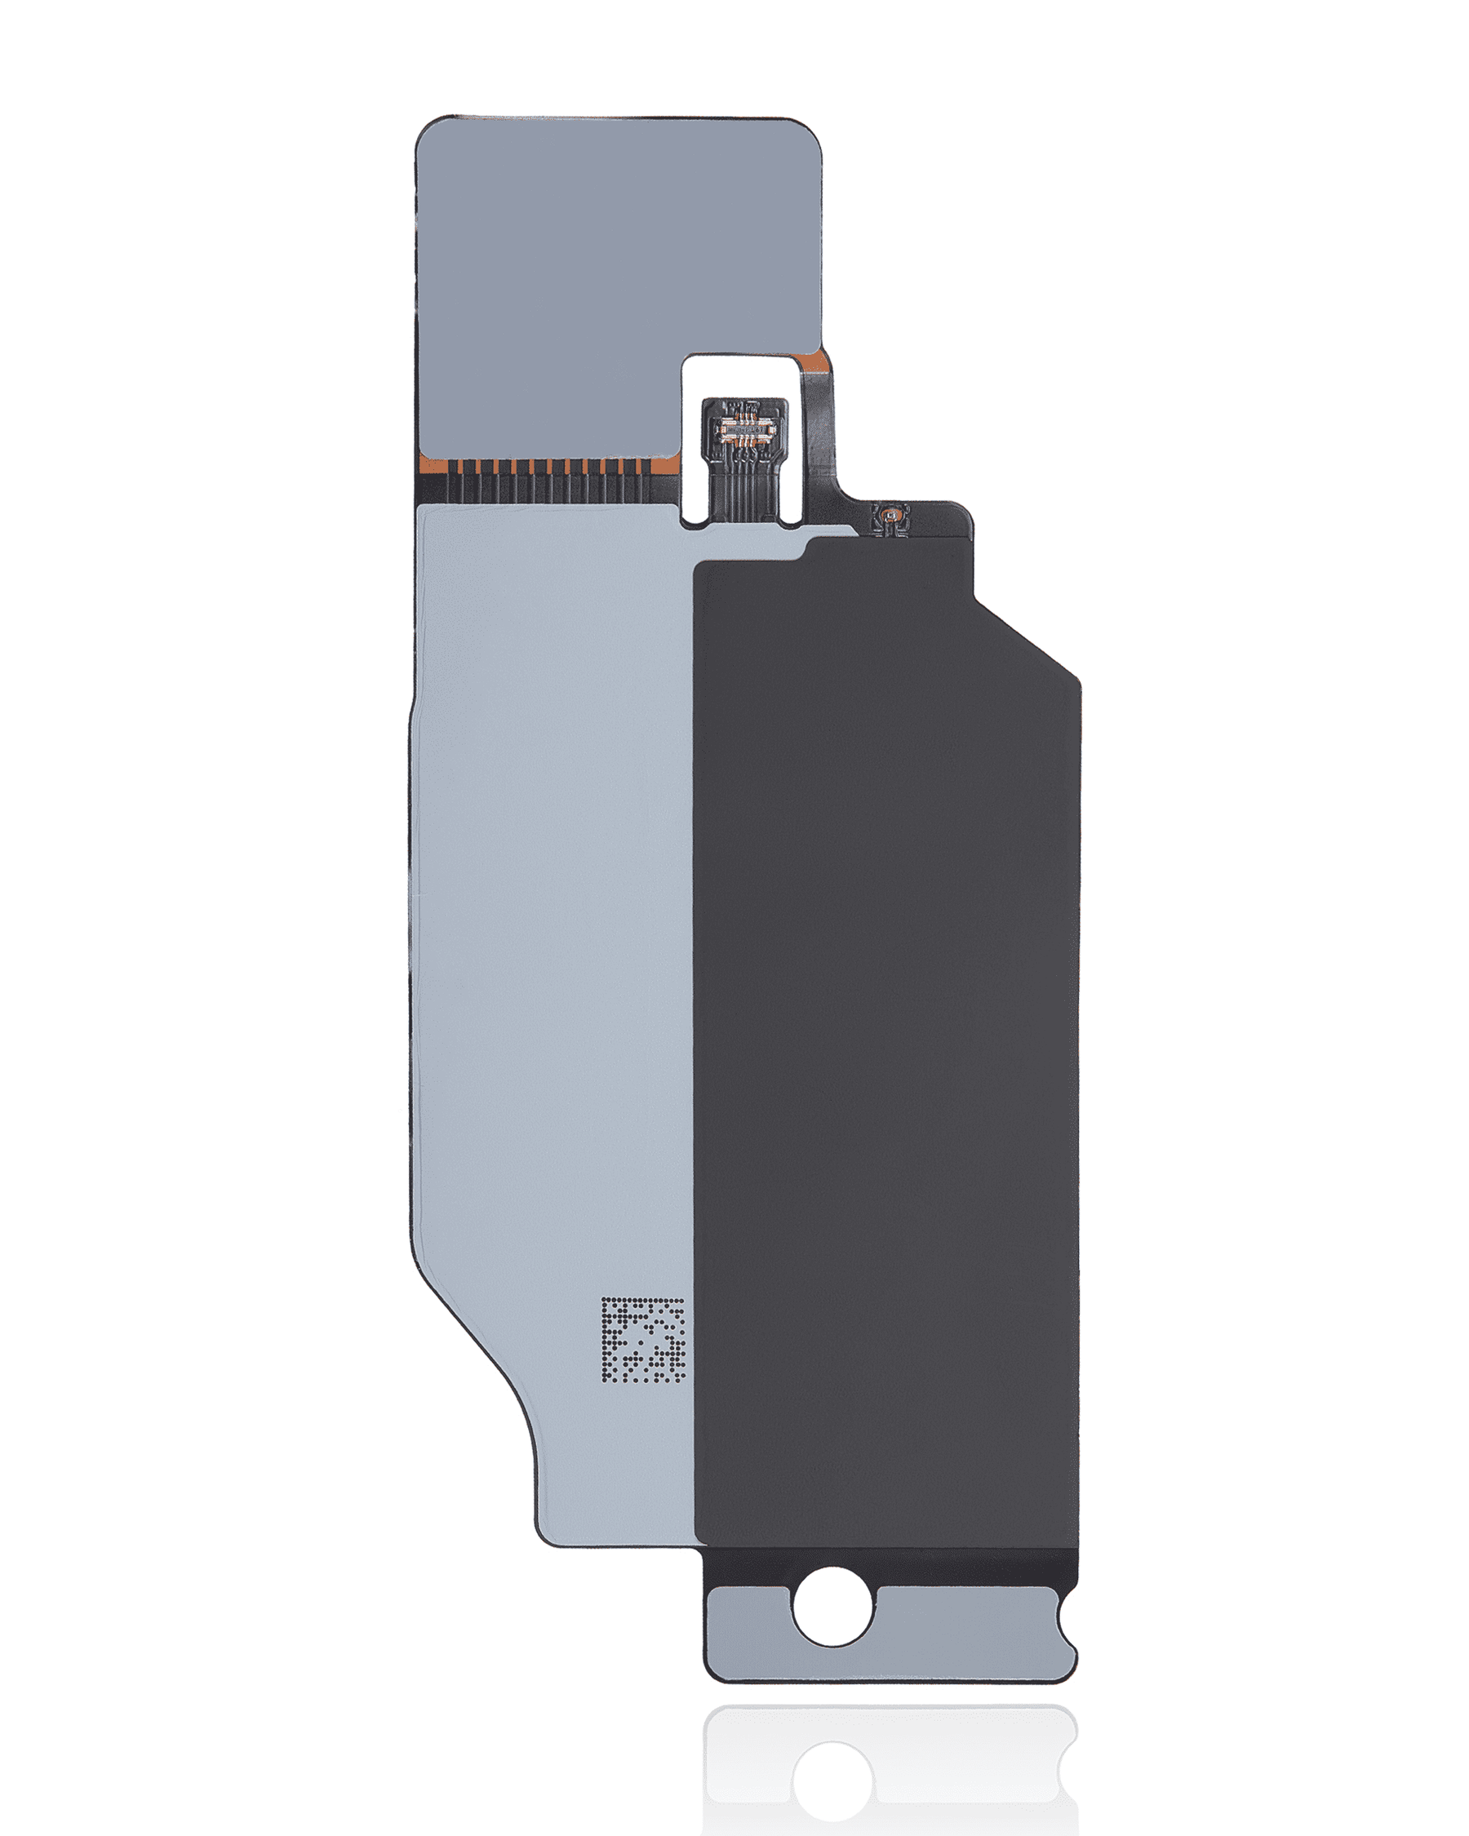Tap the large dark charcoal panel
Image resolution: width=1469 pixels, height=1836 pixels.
click(x=885, y=1022)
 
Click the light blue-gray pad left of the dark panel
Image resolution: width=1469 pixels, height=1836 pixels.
click(x=553, y=937)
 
